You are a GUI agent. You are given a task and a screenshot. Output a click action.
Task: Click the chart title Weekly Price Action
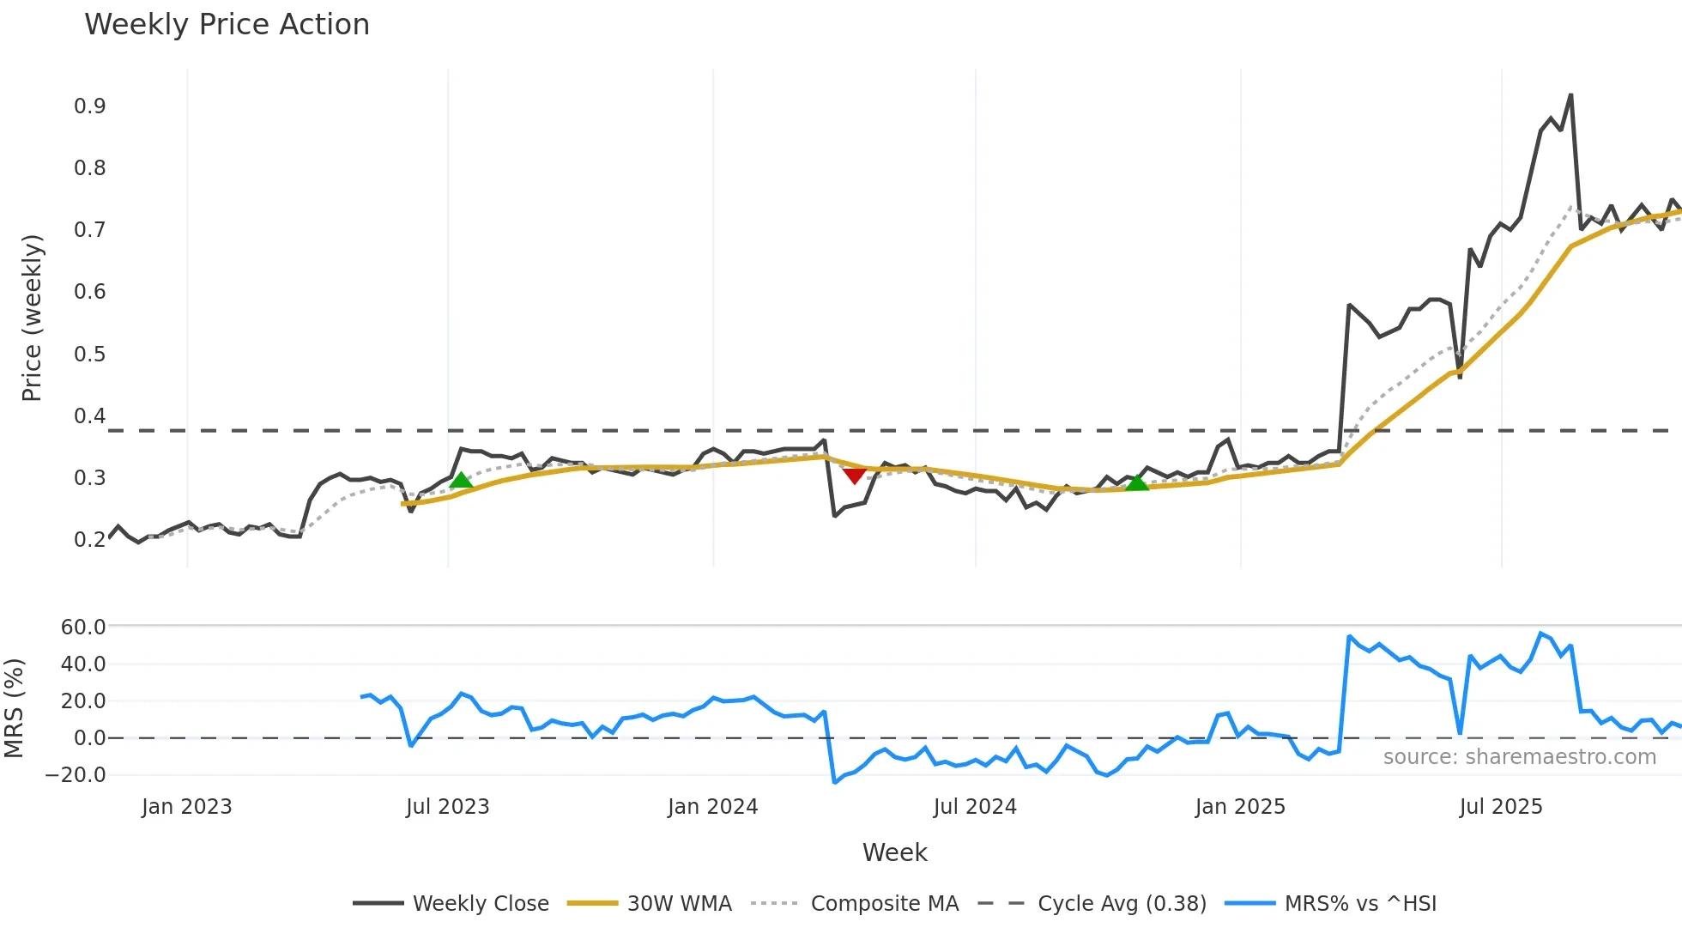click(227, 25)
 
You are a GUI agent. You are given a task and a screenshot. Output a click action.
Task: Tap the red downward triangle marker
click(854, 475)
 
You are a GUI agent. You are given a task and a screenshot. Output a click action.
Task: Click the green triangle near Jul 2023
click(461, 480)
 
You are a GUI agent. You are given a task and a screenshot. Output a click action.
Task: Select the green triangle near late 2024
click(1136, 482)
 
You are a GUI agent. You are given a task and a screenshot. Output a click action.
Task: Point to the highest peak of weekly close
click(1570, 95)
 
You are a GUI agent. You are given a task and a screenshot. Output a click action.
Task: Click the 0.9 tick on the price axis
click(90, 106)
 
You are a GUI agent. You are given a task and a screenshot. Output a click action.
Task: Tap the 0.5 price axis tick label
click(90, 355)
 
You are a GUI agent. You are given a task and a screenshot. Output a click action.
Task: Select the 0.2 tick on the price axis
click(90, 540)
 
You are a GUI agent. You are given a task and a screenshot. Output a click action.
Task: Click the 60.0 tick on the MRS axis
click(83, 628)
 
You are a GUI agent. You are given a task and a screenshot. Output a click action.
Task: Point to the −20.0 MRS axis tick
click(76, 775)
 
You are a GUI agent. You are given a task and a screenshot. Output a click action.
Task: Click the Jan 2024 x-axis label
click(712, 807)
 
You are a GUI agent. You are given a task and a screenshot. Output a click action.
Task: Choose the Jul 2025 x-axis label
click(1501, 807)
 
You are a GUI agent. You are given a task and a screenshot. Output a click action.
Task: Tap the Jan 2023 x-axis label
click(186, 807)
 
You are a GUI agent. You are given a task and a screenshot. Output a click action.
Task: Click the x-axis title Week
click(894, 852)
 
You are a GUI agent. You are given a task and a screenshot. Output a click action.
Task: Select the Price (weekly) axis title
click(32, 318)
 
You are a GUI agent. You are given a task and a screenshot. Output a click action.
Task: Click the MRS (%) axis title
click(14, 708)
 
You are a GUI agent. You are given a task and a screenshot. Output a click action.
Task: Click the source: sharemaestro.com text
click(1519, 757)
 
